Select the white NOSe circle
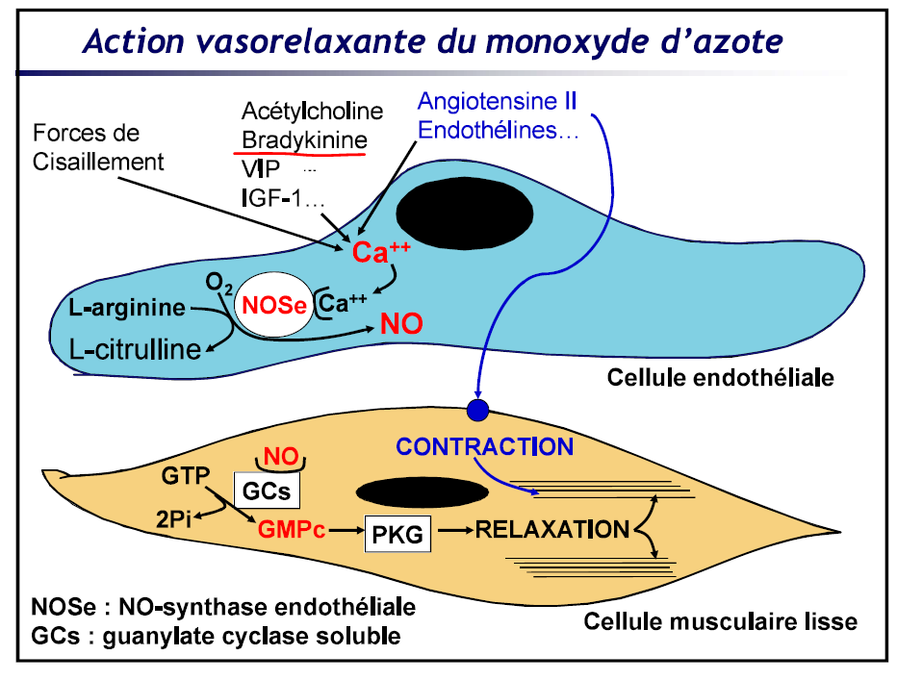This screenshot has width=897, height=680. [274, 307]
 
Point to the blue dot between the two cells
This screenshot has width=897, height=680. [478, 411]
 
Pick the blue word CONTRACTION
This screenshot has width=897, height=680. [485, 447]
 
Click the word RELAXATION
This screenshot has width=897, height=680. [547, 530]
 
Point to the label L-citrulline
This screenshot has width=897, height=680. [142, 348]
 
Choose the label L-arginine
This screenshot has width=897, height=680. [127, 308]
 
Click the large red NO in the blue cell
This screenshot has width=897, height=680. [401, 323]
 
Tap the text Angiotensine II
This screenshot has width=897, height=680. [498, 101]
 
